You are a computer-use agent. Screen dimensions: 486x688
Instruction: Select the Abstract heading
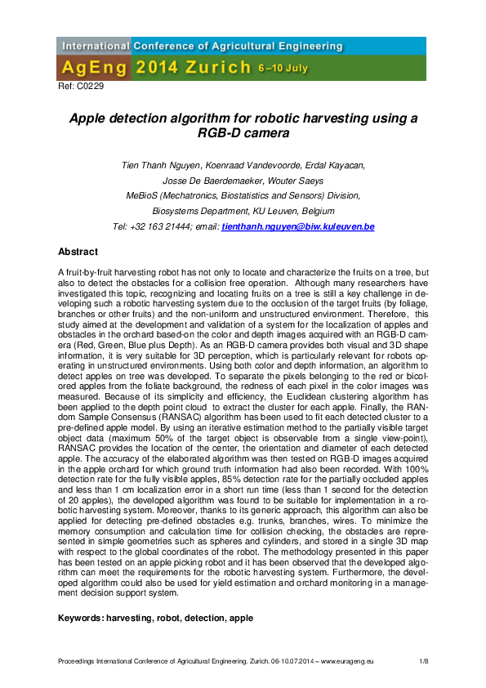click(78, 252)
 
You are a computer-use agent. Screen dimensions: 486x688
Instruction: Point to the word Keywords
click(87, 619)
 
